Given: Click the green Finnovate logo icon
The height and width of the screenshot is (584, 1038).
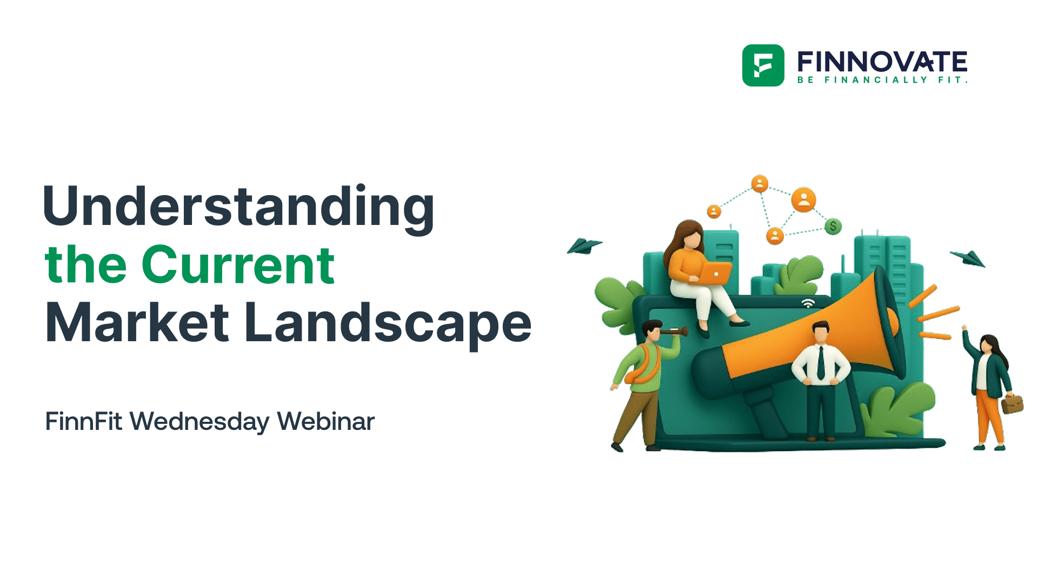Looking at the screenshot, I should point(763,65).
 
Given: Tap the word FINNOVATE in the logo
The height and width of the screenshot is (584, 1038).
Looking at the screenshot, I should point(882,62).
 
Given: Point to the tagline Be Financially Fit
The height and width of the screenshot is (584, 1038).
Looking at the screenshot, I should point(882,80).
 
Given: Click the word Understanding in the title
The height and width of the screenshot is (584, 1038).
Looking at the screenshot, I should point(238,207).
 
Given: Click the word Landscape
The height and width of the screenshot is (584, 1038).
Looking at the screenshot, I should point(388,324).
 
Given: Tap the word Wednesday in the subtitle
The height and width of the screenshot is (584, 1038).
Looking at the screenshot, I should point(199,422).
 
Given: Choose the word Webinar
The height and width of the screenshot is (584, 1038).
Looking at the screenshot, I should point(325,421).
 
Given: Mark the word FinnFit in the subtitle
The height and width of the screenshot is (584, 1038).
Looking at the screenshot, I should point(84,421).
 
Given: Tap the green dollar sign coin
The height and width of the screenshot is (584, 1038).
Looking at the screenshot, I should point(833,226).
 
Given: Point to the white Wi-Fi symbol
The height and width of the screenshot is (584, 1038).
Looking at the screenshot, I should point(808,303).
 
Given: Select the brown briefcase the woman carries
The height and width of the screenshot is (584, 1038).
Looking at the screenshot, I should point(1012,403).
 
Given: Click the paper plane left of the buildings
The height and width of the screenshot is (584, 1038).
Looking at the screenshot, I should point(584,246).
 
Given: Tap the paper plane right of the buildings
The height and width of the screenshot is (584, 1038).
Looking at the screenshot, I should point(969,258).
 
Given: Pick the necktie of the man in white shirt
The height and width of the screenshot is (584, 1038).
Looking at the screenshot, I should point(821,362).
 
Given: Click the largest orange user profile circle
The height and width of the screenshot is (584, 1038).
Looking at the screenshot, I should point(804,200).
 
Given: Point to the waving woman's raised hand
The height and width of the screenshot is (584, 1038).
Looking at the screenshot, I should point(964,328).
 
